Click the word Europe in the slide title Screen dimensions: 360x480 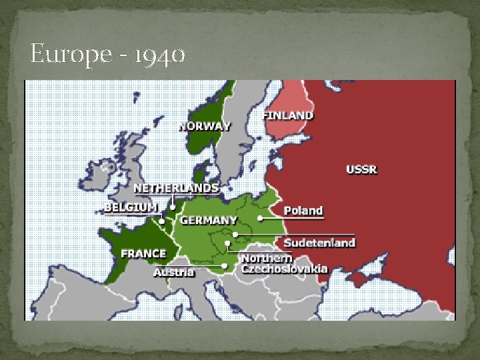tap(61, 55)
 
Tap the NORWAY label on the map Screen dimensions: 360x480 tap(204, 126)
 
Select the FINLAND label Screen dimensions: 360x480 tap(288, 115)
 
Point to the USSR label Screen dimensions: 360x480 tap(361, 169)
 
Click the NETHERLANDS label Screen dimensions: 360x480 tap(175, 187)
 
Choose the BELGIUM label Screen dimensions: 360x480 tap(131, 207)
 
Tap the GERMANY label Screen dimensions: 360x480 tap(209, 220)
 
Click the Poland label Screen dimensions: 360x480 tap(303, 211)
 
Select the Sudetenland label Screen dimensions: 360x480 tap(319, 242)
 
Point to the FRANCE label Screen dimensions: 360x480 tap(143, 253)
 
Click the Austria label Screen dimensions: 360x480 tap(174, 271)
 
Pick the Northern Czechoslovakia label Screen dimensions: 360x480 tap(284, 263)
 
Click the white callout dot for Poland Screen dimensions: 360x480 tap(261, 218)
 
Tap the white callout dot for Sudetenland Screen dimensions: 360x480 tap(236, 235)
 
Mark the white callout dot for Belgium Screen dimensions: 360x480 tap(162, 220)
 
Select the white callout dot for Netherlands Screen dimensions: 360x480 tap(173, 207)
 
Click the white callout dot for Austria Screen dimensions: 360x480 tap(225, 266)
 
